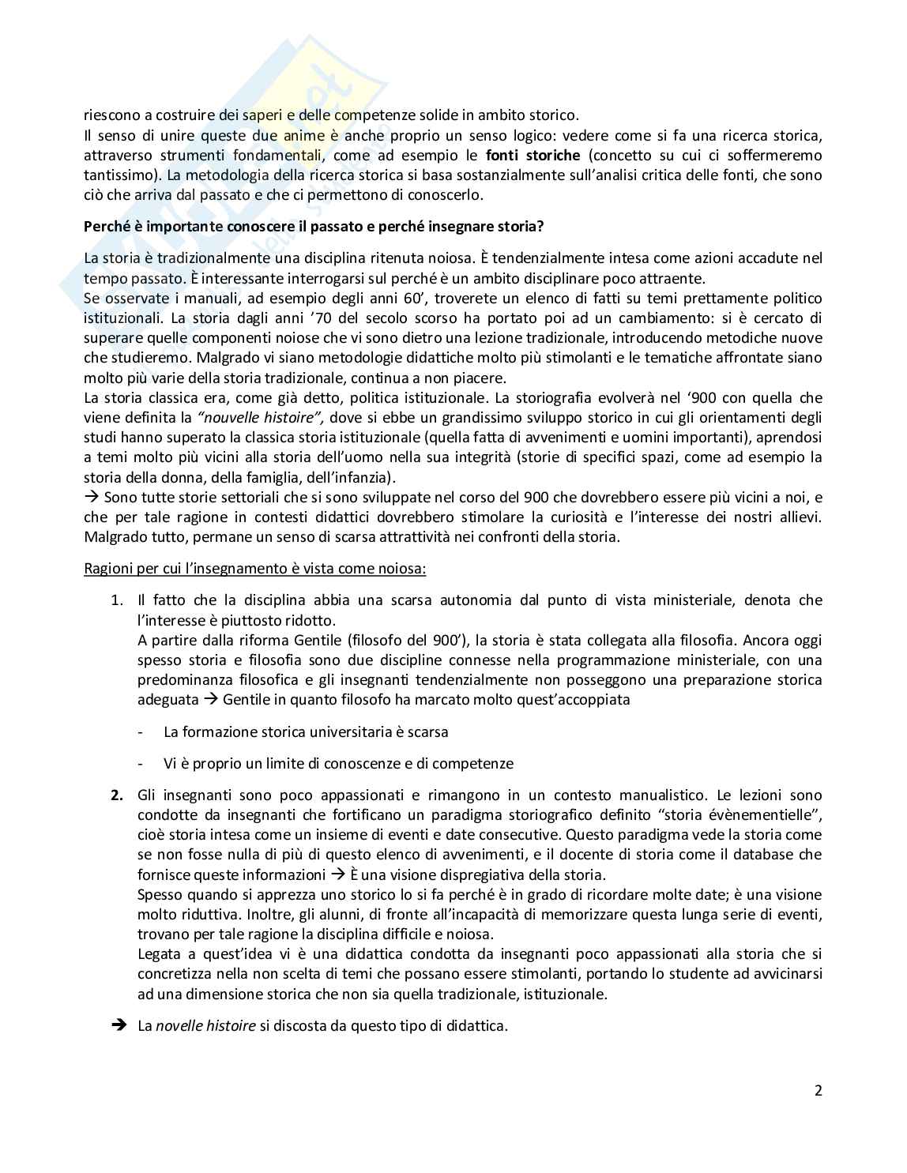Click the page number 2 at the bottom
pyautogui.click(x=818, y=1091)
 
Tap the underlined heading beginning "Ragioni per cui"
pyautogui.click(x=255, y=569)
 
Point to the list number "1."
pyautogui.click(x=116, y=600)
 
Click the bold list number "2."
pyautogui.click(x=116, y=795)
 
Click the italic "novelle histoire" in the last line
pyautogui.click(x=205, y=1026)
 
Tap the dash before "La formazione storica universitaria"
pyautogui.click(x=141, y=732)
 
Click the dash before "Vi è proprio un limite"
pyautogui.click(x=141, y=764)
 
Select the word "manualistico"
pyautogui.click(x=661, y=795)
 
